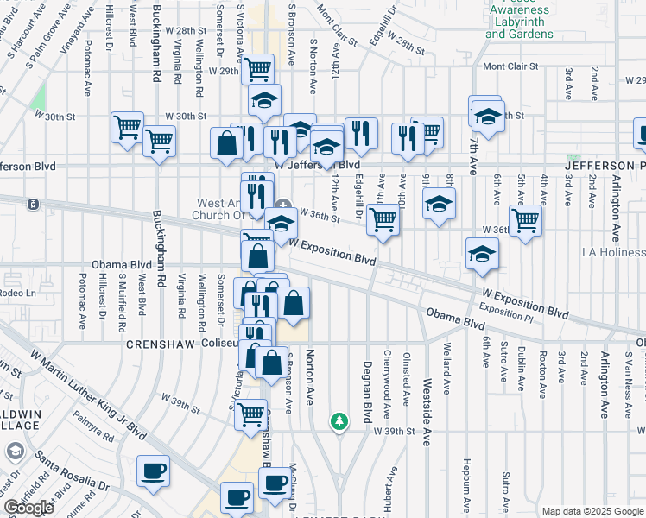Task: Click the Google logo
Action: (28, 508)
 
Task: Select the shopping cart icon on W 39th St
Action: (251, 414)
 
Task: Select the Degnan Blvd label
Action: (366, 380)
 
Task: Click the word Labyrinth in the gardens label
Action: (519, 22)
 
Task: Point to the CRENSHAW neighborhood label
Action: (156, 343)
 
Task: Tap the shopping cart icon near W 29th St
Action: (257, 67)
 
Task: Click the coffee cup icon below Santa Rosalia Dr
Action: (155, 471)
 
